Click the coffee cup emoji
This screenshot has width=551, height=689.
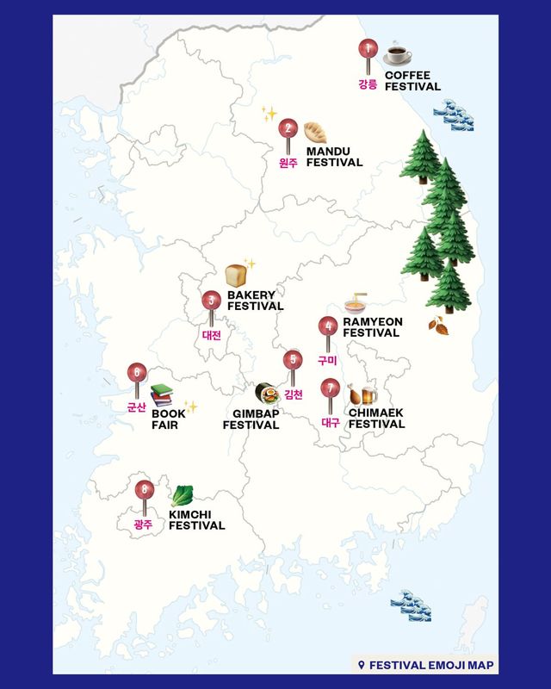click(x=397, y=53)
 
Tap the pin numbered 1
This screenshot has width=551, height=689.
click(x=368, y=50)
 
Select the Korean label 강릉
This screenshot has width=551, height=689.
click(x=368, y=84)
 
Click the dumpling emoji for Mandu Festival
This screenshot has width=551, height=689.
click(x=314, y=132)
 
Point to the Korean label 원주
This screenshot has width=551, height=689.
click(x=288, y=162)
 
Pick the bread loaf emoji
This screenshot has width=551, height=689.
click(x=238, y=275)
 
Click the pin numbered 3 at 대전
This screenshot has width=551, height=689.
click(x=211, y=301)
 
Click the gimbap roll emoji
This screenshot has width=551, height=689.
click(x=267, y=394)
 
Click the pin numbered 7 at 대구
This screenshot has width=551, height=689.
click(x=329, y=388)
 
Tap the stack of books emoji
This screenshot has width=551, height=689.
click(x=162, y=395)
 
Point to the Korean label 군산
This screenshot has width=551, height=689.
click(x=136, y=407)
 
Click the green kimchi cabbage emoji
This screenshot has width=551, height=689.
click(x=182, y=496)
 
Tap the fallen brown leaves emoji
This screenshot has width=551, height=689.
click(x=439, y=324)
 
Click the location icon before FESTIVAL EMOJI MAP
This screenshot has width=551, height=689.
click(x=362, y=664)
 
